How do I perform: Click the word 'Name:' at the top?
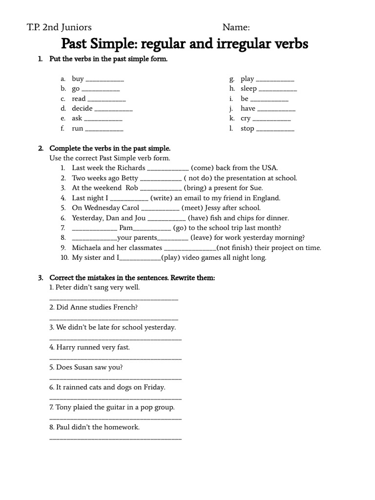click(236, 27)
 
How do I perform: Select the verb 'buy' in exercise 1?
click(78, 79)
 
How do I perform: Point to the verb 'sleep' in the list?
click(249, 89)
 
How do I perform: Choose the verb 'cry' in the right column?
click(246, 119)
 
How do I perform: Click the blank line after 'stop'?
click(275, 130)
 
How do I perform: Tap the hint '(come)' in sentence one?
click(202, 168)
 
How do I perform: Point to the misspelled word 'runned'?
click(86, 348)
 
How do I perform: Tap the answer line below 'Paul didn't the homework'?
click(116, 438)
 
